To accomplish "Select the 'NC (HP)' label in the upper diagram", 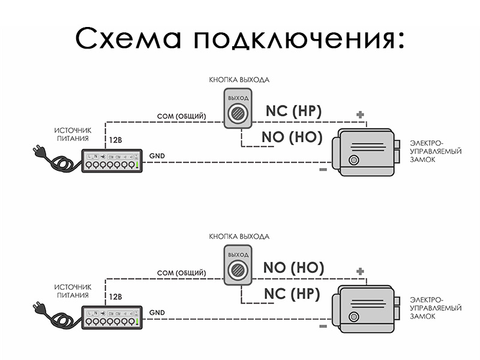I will click(293, 111).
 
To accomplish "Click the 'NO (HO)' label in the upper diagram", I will click(292, 137).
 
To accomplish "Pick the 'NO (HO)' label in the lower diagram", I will click(293, 268).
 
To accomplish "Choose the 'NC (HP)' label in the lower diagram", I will click(292, 294).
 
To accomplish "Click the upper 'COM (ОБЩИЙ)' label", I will click(182, 116).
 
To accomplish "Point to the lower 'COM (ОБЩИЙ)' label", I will click(182, 273).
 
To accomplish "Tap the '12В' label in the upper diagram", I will click(115, 140).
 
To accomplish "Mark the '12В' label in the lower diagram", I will click(115, 297).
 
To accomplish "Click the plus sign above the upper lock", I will click(360, 114).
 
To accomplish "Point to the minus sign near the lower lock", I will click(323, 326).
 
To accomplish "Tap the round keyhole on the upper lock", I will click(354, 160).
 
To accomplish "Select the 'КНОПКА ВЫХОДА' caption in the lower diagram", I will click(239, 236).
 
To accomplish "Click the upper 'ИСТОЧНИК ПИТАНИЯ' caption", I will click(73, 133).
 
